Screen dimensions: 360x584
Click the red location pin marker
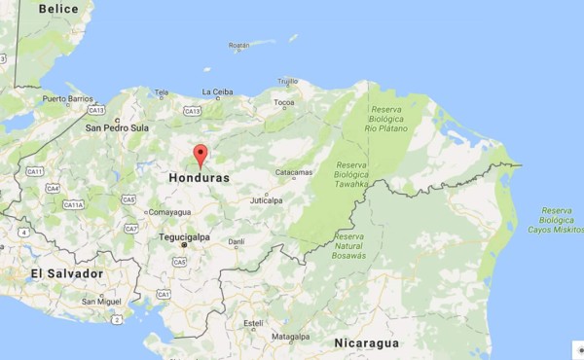201,155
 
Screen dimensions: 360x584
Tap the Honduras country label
199,179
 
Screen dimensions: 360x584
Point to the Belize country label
58,8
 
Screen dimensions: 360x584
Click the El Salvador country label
66,273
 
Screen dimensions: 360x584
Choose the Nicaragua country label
367,343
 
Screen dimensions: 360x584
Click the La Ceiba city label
217,92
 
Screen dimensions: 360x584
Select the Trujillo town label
288,81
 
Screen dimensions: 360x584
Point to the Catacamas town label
293,173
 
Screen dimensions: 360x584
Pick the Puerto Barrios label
66,98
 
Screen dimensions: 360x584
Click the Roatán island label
238,46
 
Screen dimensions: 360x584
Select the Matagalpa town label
289,337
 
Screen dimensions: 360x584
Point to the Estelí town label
253,322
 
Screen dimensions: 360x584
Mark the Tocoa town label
284,102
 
